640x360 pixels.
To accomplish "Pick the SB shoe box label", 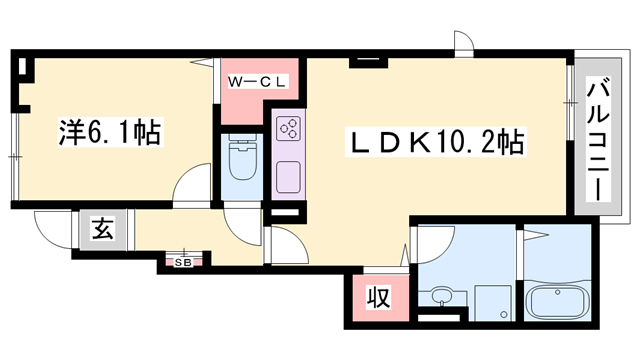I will [x=184, y=262].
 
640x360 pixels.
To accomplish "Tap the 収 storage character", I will [x=377, y=297].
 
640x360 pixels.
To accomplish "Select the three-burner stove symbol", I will [x=288, y=129].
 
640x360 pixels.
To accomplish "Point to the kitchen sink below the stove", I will [x=288, y=177].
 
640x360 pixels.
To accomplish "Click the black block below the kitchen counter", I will [x=286, y=212].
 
